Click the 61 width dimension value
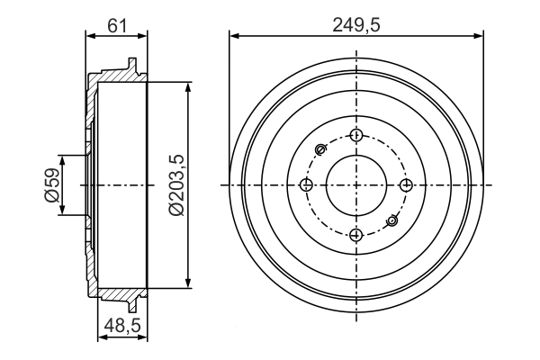[117, 24]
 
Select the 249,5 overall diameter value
[356, 24]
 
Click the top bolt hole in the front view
[356, 136]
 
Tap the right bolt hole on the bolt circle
[406, 185]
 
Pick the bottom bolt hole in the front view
[356, 235]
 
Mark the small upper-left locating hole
[321, 149]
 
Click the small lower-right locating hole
[391, 220]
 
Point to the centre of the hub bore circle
[356, 185]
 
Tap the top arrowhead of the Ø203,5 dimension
[188, 85]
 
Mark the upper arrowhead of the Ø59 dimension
[62, 157]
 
